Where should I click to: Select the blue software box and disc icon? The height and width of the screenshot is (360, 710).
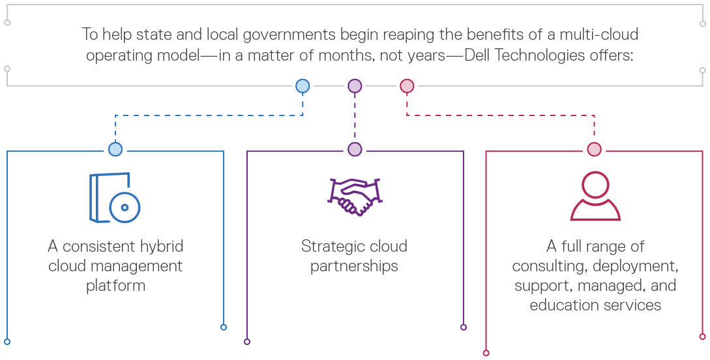click(115, 198)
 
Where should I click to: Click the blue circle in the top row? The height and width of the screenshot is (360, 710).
click(303, 85)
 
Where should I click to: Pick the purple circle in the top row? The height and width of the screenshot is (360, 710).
click(355, 85)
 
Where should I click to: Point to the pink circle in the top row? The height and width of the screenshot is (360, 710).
click(407, 85)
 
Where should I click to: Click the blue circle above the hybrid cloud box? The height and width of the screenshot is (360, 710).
click(115, 149)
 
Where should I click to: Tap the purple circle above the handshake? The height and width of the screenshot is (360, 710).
click(355, 149)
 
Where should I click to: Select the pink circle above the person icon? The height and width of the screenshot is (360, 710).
click(594, 149)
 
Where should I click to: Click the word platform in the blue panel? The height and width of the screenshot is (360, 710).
click(115, 286)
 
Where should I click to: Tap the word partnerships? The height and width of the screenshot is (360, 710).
click(355, 266)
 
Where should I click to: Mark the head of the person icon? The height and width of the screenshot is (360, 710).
click(595, 185)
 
